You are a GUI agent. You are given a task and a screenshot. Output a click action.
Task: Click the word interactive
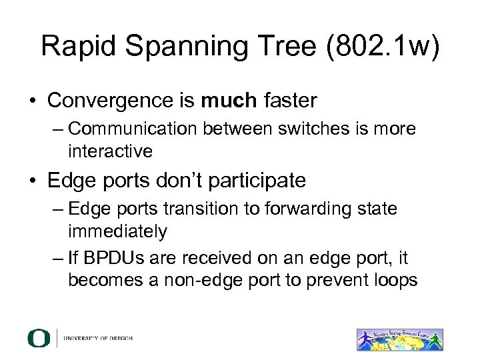tap(110, 151)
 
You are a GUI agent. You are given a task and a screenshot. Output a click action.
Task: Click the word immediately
tap(117, 231)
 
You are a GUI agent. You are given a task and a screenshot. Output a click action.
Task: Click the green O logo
tap(39, 337)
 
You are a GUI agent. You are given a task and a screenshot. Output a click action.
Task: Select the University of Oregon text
tap(98, 338)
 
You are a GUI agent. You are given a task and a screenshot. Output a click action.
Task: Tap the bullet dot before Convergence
tap(32, 101)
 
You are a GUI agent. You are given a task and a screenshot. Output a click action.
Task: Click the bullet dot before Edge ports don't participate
tap(32, 181)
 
